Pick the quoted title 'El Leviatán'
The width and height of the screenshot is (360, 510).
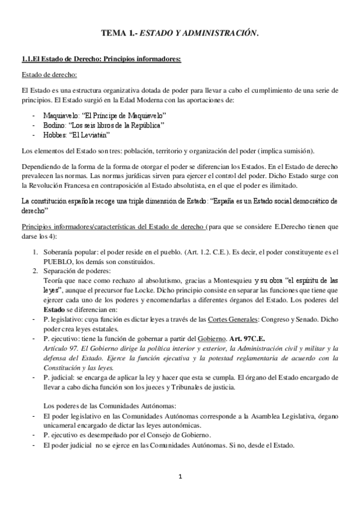[90, 135]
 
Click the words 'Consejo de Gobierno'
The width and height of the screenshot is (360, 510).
[159, 435]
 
